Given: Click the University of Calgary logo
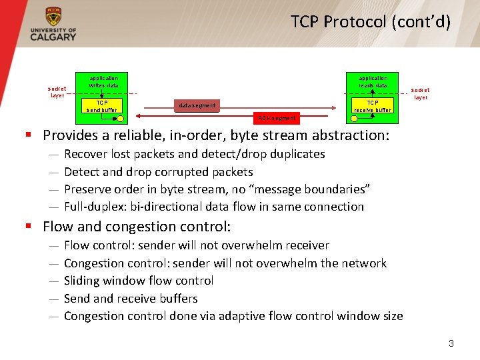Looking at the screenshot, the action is pyautogui.click(x=53, y=25).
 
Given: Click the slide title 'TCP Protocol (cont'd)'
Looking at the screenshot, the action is pyautogui.click(x=371, y=22).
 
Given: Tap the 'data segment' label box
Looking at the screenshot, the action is pyautogui.click(x=196, y=105).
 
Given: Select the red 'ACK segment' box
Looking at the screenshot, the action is pyautogui.click(x=277, y=118).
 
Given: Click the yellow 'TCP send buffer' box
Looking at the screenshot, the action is pyautogui.click(x=102, y=106).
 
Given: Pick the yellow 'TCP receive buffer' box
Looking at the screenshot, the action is pyautogui.click(x=373, y=106).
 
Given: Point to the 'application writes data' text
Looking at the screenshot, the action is pyautogui.click(x=103, y=81).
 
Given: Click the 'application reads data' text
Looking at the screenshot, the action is pyautogui.click(x=373, y=81).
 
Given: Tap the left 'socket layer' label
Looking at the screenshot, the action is pyautogui.click(x=57, y=91).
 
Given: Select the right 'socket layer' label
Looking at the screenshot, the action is pyautogui.click(x=420, y=93).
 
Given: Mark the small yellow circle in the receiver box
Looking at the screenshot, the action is pyautogui.click(x=354, y=118).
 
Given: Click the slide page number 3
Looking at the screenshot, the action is pyautogui.click(x=451, y=344).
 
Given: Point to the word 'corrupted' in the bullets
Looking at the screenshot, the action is pyautogui.click(x=171, y=171).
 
